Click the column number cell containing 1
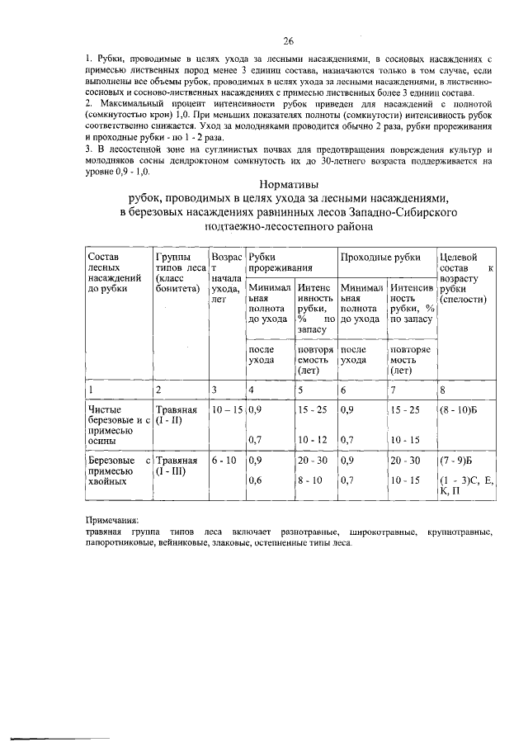pyautogui.click(x=91, y=390)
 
